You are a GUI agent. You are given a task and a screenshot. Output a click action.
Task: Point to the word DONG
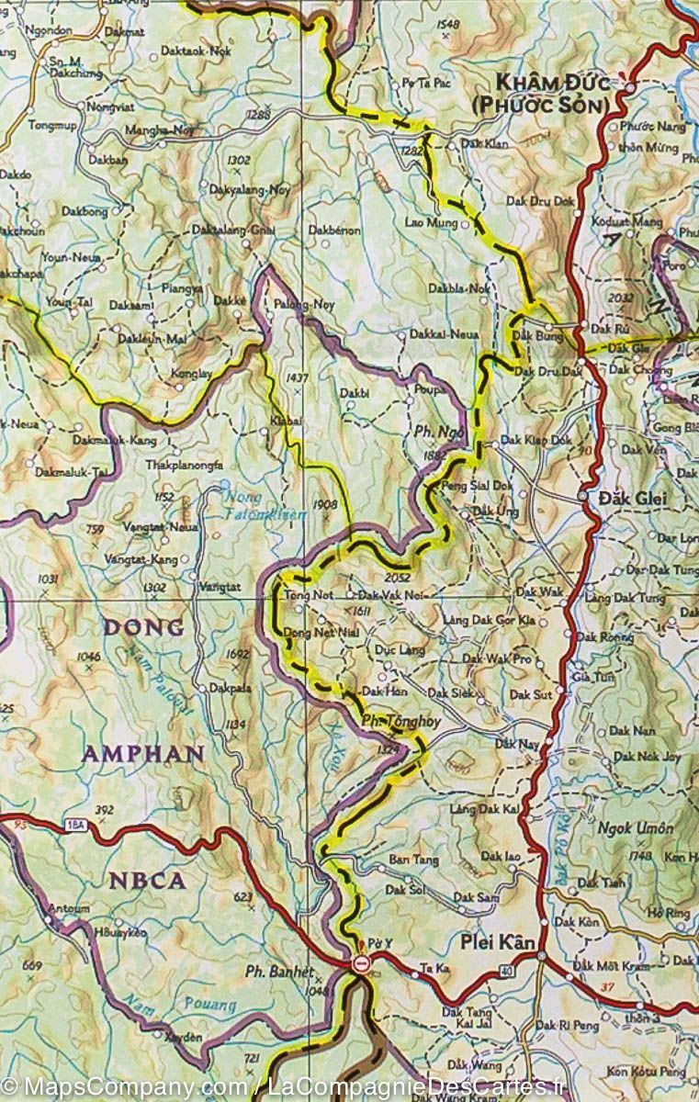tap(142, 628)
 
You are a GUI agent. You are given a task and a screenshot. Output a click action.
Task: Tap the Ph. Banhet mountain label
tap(280, 971)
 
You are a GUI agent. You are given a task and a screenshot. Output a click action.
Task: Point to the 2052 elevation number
tap(399, 578)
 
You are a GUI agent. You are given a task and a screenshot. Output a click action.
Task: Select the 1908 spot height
tap(325, 504)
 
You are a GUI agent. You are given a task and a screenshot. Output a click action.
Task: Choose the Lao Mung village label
tap(431, 221)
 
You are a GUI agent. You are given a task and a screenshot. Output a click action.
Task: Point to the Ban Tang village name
tap(409, 859)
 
